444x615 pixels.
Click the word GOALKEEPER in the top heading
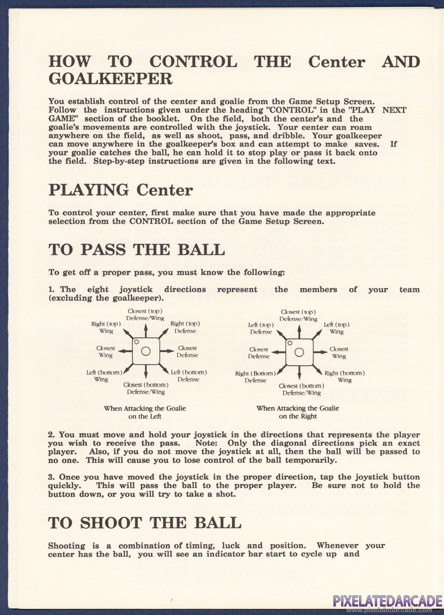pos(110,79)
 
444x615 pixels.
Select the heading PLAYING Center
pos(120,190)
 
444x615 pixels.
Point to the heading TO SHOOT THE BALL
pos(145,522)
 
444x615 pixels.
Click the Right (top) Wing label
pos(106,327)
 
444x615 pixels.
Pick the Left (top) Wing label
pos(337,328)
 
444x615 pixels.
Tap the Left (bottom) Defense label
pos(189,376)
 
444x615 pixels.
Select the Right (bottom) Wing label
pos(345,376)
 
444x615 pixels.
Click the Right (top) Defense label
pos(185,327)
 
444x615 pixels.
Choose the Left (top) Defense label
pos(261,328)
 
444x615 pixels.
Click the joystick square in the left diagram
pos(146,351)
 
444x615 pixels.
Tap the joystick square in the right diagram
pos(299,352)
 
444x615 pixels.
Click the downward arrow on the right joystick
pos(299,374)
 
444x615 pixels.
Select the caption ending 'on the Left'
pos(145,412)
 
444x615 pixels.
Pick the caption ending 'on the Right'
pos(298,412)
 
